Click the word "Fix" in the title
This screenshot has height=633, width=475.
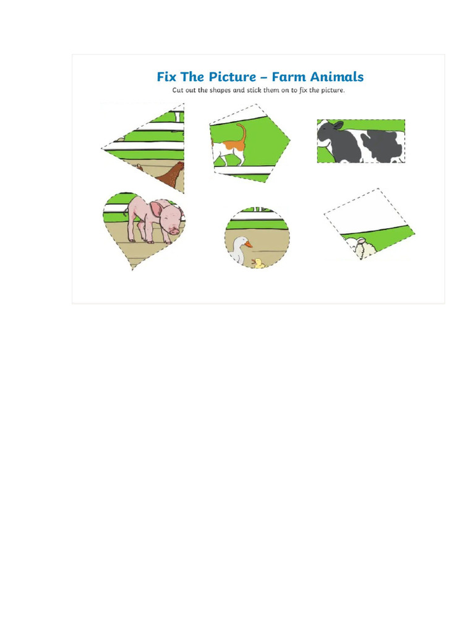166,77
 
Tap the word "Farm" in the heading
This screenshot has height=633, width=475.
290,77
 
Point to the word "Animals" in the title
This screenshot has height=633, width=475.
337,77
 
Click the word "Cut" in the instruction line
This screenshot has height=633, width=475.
178,90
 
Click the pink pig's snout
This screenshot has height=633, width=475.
174,231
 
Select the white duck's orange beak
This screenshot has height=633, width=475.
248,245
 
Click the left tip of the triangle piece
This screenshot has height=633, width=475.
102,149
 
